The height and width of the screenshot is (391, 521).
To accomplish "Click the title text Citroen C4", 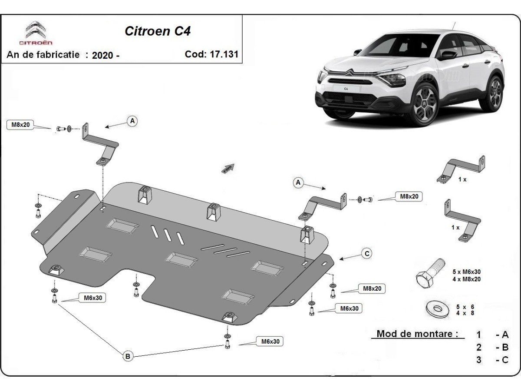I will click(x=158, y=31).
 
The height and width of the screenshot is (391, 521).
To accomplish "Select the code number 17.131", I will click(x=224, y=54).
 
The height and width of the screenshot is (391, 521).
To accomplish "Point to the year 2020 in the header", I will click(x=103, y=55).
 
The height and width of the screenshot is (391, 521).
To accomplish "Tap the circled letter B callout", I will click(x=128, y=356).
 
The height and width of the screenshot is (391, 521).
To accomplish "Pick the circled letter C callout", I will click(x=367, y=253).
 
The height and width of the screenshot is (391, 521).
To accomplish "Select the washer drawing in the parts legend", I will click(x=436, y=309).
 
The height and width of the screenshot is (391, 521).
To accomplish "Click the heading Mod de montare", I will click(x=417, y=334).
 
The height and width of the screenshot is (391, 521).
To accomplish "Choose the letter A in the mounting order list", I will click(x=505, y=335).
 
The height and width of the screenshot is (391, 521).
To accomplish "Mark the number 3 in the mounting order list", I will click(x=479, y=360).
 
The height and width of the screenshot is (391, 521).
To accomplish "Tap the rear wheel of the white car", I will click(x=495, y=93).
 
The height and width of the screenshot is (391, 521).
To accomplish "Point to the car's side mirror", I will click(x=448, y=55).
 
